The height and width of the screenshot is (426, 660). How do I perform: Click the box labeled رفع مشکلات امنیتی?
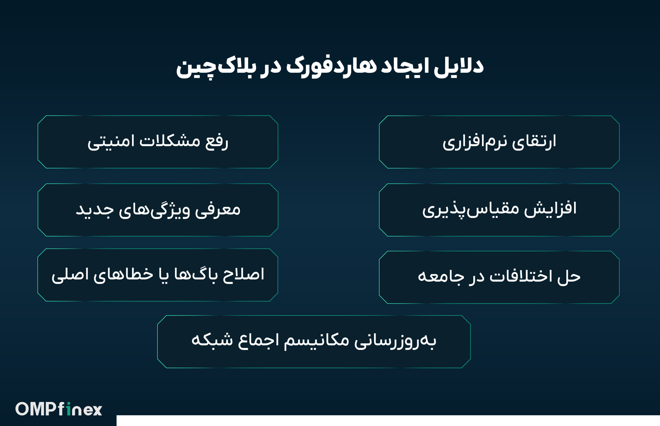[x=158, y=142]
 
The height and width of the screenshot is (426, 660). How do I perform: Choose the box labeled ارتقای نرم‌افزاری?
[x=499, y=142]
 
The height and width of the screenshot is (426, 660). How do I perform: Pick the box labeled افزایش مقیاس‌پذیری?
[x=499, y=210]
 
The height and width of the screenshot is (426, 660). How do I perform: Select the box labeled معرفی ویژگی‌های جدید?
[x=158, y=210]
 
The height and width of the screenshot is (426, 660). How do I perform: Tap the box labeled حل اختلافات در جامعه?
[x=499, y=277]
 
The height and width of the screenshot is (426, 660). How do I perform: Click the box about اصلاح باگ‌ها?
[x=158, y=275]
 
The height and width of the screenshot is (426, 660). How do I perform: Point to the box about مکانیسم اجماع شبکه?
[x=314, y=341]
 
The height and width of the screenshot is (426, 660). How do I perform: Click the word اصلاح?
[x=243, y=275]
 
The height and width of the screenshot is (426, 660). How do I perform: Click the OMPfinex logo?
[x=59, y=409]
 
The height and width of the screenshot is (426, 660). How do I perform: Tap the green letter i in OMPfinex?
[x=68, y=409]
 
